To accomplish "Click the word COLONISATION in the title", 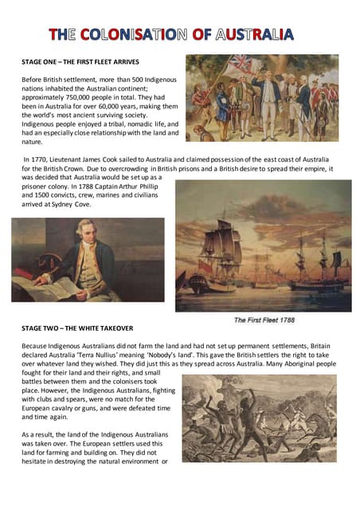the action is pyautogui.click(x=139, y=34).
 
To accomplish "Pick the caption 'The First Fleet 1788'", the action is pyautogui.click(x=264, y=320).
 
